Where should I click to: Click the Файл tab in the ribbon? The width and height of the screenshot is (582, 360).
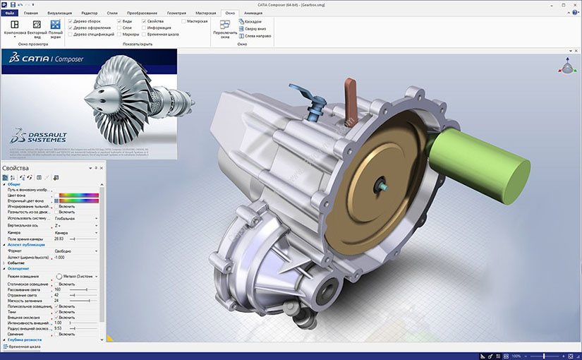click(9, 13)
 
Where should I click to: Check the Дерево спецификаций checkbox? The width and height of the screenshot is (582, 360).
click(70, 34)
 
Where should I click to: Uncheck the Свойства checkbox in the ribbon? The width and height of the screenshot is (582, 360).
click(144, 21)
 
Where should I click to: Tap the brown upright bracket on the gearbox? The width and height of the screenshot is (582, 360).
click(349, 95)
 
